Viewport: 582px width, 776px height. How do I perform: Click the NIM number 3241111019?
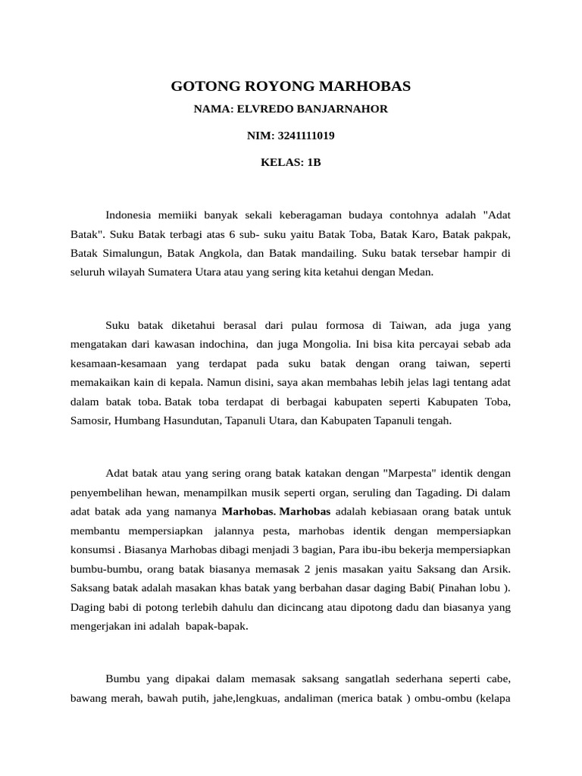point(306,136)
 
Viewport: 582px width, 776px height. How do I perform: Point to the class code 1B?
point(313,163)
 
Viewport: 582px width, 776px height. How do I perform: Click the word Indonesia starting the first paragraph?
point(129,214)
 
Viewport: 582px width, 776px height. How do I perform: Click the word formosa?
point(325,325)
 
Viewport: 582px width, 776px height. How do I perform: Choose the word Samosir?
point(89,420)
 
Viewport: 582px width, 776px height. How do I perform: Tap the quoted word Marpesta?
point(411,473)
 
